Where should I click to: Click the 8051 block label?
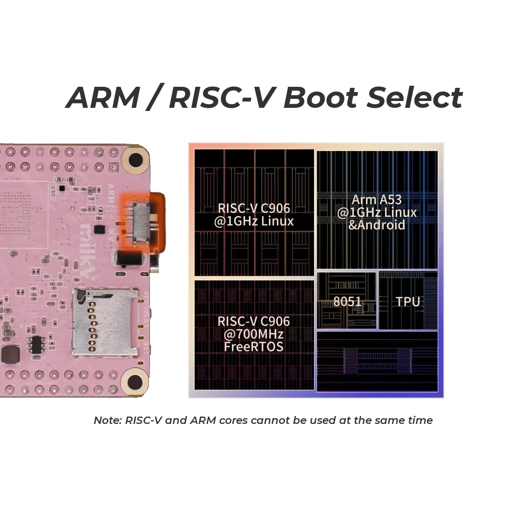pyautogui.click(x=347, y=301)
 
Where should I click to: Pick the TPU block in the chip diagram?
pyautogui.click(x=408, y=301)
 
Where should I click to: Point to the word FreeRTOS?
pyautogui.click(x=253, y=347)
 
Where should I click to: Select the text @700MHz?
pyautogui.click(x=254, y=334)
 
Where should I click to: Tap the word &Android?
pyautogui.click(x=377, y=225)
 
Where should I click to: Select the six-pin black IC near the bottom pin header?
pyautogui.click(x=36, y=345)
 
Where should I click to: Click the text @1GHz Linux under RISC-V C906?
pyautogui.click(x=254, y=221)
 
